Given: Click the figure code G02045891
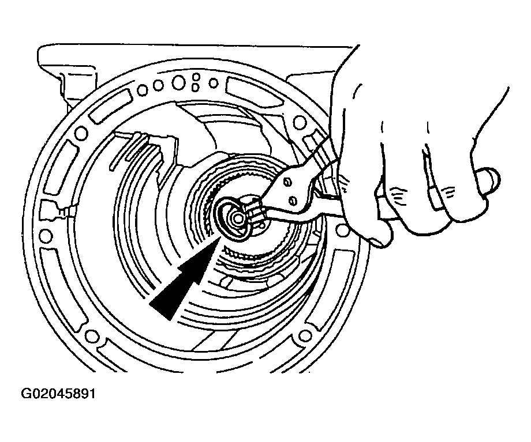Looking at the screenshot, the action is tap(58, 394).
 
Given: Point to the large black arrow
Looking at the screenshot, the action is tap(185, 279).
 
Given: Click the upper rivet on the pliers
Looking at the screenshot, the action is tap(287, 183).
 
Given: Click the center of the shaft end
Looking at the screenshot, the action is tap(235, 218).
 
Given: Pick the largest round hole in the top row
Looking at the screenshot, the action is tap(178, 82).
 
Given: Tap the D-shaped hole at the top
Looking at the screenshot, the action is tap(195, 87).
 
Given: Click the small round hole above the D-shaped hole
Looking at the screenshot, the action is tap(196, 77).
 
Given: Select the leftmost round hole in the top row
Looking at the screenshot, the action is tap(143, 90).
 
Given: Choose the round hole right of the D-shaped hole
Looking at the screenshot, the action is tap(214, 82).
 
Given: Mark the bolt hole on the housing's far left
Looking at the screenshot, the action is tap(46, 235).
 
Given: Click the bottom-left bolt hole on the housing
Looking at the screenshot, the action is tap(91, 337).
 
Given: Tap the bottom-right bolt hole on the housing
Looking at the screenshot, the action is tap(305, 336).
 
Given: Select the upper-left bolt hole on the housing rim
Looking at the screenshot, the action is tap(81, 133).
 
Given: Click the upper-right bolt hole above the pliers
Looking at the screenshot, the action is tap(300, 122).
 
